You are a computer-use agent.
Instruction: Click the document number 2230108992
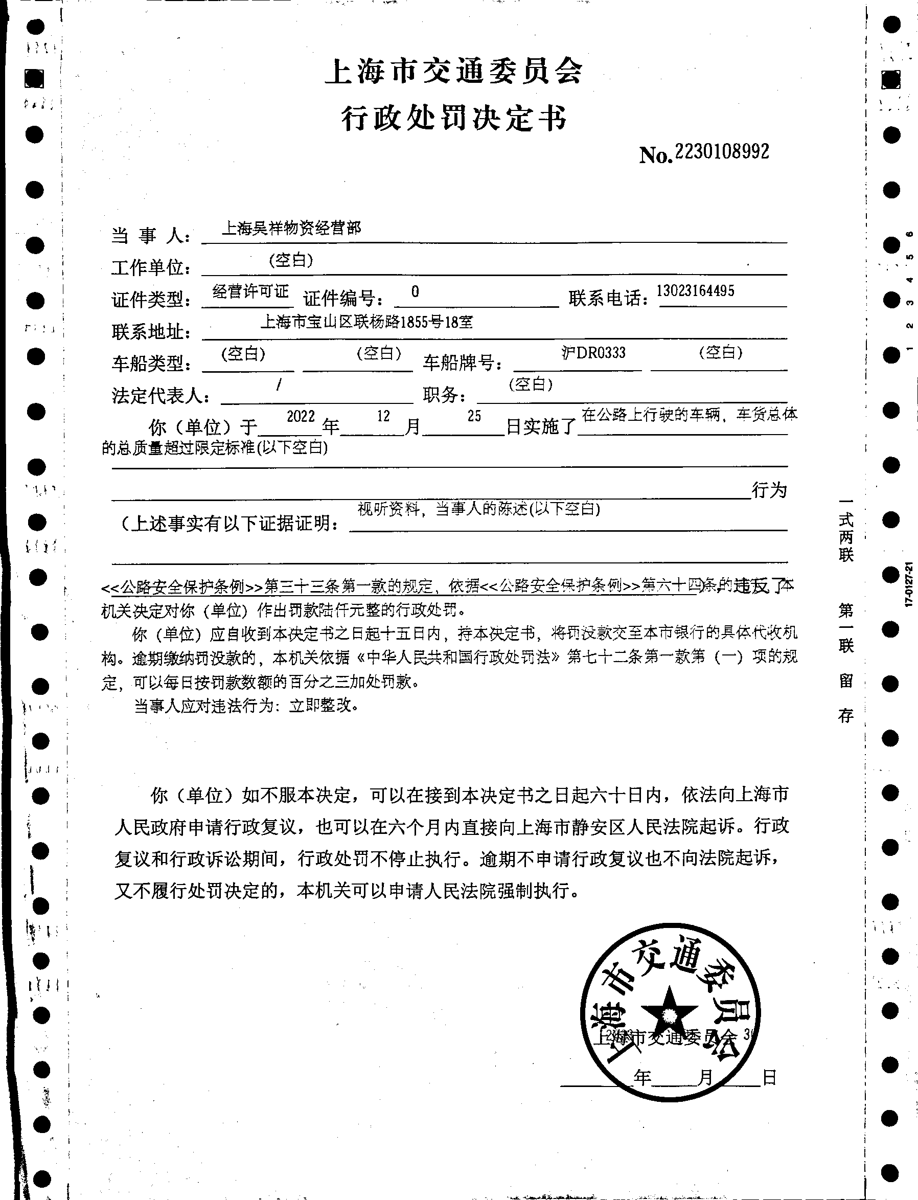(721, 152)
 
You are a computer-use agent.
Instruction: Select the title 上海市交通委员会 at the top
(454, 72)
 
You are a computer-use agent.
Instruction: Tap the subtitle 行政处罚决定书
(454, 118)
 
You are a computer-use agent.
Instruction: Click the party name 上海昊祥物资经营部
(291, 228)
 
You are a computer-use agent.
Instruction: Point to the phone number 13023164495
(695, 291)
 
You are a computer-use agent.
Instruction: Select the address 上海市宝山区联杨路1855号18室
(366, 323)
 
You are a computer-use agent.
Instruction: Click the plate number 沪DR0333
(593, 353)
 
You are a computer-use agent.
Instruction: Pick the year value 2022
(301, 417)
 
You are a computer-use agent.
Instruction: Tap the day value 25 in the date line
(474, 416)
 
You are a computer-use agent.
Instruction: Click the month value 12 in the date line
(383, 416)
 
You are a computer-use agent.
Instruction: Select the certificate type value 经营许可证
(250, 292)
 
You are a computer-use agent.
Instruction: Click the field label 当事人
(150, 236)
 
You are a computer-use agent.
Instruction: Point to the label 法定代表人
(160, 395)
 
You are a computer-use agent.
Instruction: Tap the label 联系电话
(608, 299)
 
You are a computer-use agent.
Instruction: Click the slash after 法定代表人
(279, 385)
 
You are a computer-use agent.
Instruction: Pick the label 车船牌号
(462, 363)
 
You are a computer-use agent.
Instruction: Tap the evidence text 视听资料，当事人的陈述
(443, 509)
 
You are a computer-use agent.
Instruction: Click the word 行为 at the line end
(769, 490)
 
